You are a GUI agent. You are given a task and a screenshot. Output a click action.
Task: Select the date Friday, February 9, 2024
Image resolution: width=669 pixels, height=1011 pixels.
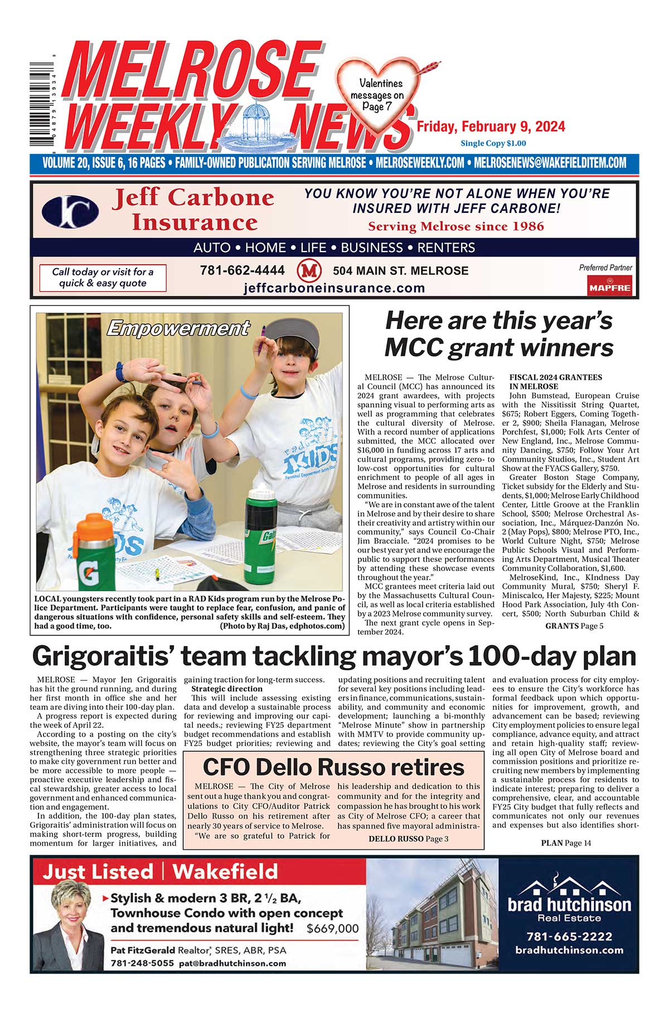tap(491, 127)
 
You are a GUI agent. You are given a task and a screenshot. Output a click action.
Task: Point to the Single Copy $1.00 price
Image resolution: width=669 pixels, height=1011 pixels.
tap(490, 143)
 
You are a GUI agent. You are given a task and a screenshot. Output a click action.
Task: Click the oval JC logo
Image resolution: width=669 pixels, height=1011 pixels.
tap(70, 212)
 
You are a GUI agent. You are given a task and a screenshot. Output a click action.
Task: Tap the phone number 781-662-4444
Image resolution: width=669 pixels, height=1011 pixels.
tap(242, 270)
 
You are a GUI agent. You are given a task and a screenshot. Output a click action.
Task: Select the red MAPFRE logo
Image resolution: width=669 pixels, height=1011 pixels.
tap(609, 287)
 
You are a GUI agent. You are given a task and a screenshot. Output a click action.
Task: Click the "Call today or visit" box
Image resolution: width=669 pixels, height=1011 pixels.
tap(103, 278)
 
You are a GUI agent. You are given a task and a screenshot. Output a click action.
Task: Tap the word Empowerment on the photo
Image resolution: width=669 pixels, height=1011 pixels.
tap(178, 328)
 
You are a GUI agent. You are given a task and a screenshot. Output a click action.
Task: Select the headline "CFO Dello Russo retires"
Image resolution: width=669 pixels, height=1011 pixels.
tap(333, 767)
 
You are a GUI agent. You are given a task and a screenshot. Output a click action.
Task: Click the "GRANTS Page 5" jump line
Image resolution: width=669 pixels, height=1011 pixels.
tap(574, 626)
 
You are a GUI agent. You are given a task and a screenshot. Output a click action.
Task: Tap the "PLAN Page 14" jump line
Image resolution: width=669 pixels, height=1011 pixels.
tap(565, 843)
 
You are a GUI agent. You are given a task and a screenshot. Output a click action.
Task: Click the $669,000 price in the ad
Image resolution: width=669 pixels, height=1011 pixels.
tap(332, 928)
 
